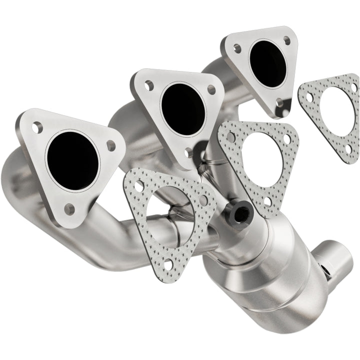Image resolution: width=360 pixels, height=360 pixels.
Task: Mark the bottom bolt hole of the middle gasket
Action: tap(267, 201)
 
